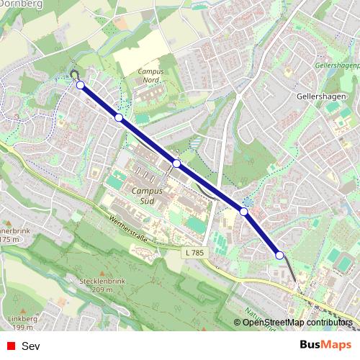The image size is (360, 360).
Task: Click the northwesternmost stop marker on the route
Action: (80, 86)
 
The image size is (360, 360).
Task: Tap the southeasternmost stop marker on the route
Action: (279, 255)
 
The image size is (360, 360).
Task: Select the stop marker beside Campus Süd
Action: (176, 163)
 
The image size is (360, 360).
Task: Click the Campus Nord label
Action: (150, 76)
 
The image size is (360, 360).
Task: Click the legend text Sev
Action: (31, 346)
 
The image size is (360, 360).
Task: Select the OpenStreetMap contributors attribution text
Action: (297, 323)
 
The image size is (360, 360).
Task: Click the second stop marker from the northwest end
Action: (119, 117)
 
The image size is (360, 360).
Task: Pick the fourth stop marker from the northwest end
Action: (244, 212)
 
